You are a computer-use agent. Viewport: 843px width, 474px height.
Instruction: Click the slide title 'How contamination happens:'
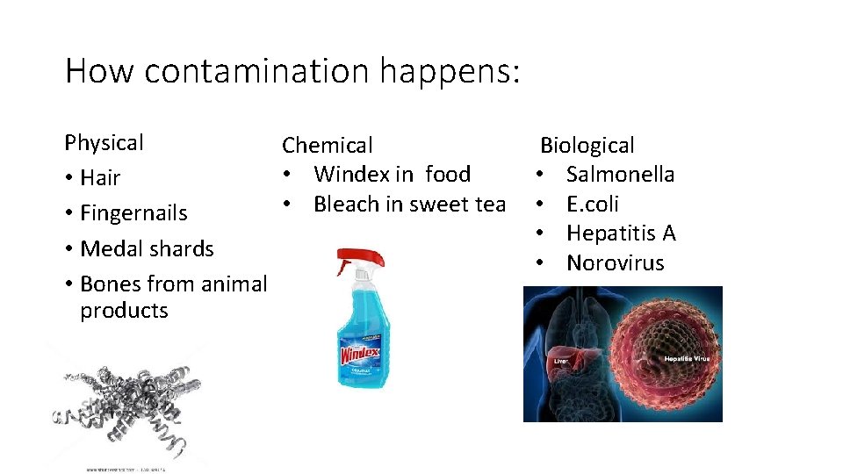click(x=292, y=70)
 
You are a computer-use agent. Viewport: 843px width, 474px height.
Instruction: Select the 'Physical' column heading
click(x=104, y=142)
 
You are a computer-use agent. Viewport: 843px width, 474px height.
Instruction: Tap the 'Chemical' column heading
click(x=327, y=145)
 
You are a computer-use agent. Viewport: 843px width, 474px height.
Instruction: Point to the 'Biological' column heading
click(x=587, y=145)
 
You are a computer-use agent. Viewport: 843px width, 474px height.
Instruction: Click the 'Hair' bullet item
click(x=100, y=178)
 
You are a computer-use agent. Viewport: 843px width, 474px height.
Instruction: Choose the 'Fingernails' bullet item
click(x=133, y=213)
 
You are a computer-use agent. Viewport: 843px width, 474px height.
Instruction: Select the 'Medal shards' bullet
click(x=147, y=248)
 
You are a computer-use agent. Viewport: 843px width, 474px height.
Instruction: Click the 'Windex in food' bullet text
click(x=392, y=174)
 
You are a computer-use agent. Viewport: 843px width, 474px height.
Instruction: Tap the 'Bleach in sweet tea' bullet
click(x=409, y=204)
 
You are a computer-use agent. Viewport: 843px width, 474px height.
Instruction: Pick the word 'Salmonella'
click(x=620, y=174)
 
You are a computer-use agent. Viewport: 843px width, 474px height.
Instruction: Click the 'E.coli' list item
click(x=593, y=204)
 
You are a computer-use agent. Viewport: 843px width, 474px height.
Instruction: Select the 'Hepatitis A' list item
click(x=621, y=233)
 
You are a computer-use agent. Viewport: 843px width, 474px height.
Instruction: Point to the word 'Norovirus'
click(x=615, y=262)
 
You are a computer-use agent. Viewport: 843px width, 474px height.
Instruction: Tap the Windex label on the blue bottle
click(x=360, y=355)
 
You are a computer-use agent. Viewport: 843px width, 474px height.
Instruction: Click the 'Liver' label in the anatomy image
click(x=559, y=361)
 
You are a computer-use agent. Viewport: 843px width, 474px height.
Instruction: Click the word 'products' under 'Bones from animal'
click(x=124, y=310)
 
